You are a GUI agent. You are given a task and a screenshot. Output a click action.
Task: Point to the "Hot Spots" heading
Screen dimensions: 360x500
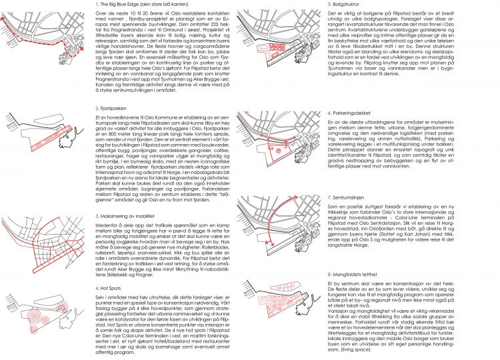(111, 287)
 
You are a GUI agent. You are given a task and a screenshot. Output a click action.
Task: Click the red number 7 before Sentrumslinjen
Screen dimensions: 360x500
(330, 198)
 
